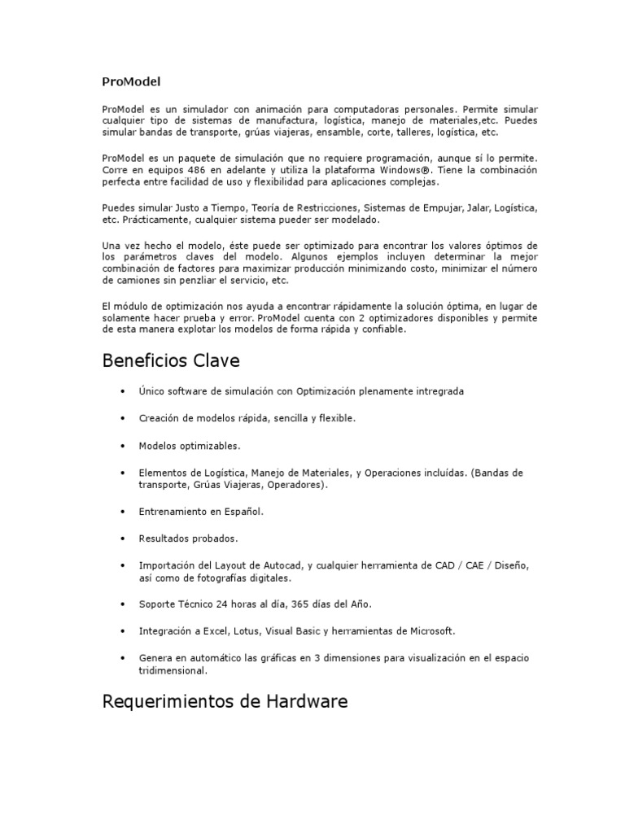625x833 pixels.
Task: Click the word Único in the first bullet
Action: [x=151, y=391]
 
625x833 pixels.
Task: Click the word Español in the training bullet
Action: [x=246, y=512]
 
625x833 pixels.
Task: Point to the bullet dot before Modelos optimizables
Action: [x=122, y=446]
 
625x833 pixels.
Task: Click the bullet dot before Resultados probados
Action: [x=122, y=539]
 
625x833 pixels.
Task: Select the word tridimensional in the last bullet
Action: [x=173, y=671]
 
